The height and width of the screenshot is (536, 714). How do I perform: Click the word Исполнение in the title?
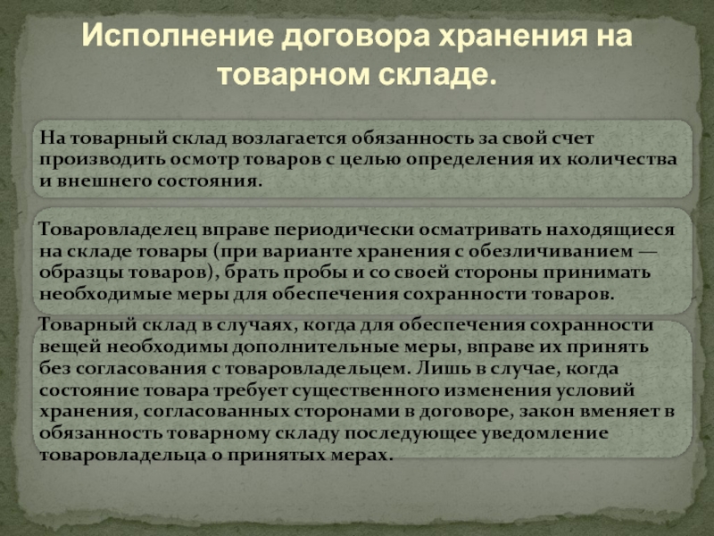click(x=178, y=36)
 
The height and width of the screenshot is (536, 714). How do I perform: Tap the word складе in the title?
click(x=438, y=75)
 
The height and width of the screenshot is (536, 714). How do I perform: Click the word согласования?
click(x=142, y=368)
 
